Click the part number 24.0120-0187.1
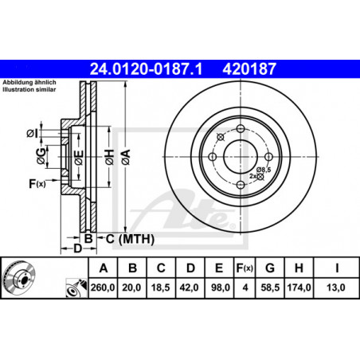(x=146, y=69)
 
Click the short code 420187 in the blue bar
(x=249, y=69)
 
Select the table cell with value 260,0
(x=103, y=288)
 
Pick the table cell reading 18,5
(x=161, y=288)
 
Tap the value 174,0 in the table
(x=299, y=288)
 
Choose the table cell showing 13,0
(x=336, y=288)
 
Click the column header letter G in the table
(x=270, y=268)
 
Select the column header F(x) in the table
(x=245, y=268)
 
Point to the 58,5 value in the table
(x=270, y=288)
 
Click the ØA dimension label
(x=126, y=157)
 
